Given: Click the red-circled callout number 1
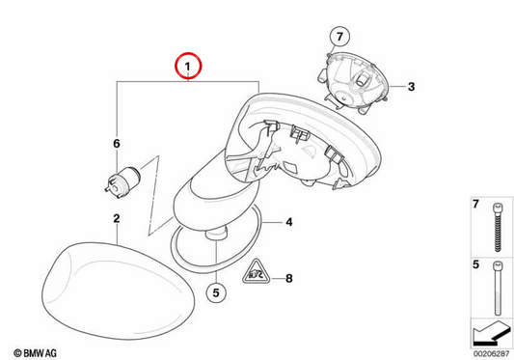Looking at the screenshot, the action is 188,66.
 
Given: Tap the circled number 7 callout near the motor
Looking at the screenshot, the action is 339,36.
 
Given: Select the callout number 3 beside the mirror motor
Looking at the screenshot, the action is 411,87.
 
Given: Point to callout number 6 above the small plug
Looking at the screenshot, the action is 117,144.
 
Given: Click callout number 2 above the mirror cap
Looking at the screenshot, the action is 117,218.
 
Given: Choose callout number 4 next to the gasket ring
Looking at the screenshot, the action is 288,222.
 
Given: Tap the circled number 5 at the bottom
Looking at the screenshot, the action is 216,292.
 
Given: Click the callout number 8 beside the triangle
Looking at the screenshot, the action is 288,279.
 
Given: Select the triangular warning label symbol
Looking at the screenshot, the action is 257,272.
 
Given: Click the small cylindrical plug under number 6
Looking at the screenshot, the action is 122,181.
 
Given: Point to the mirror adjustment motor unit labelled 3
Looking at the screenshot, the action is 353,83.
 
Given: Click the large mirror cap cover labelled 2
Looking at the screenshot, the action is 118,291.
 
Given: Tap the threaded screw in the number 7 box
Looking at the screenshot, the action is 498,228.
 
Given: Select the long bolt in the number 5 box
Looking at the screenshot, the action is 498,288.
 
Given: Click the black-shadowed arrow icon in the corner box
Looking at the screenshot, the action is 492,333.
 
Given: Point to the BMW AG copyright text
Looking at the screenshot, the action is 35,353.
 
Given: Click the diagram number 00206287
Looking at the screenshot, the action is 492,354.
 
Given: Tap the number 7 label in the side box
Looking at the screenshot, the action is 475,204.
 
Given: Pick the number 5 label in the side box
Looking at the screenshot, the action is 475,264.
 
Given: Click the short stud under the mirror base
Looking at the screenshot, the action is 216,234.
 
